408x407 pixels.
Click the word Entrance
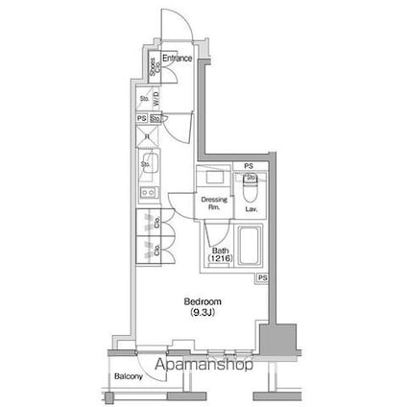click(178, 60)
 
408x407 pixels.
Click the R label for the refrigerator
click(147, 136)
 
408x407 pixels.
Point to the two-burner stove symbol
click(148, 195)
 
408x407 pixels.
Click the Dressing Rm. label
click(213, 203)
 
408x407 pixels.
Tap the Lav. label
click(250, 208)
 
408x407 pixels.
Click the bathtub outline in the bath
click(250, 247)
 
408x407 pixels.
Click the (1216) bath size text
click(219, 260)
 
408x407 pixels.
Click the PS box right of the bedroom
click(261, 277)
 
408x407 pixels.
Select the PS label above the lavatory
click(248, 166)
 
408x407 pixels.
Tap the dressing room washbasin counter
click(214, 180)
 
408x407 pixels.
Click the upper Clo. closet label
click(157, 224)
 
